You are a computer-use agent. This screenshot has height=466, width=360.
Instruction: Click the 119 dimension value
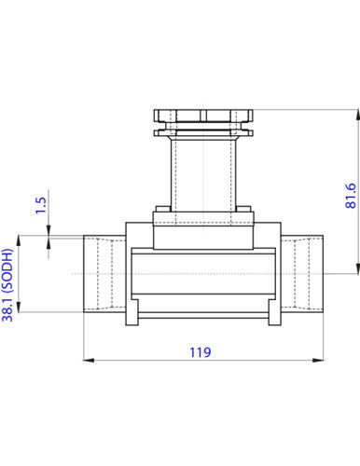click(x=201, y=352)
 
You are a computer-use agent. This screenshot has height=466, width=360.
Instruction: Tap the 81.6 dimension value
click(x=351, y=196)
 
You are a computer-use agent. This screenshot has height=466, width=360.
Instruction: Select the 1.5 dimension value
click(x=41, y=205)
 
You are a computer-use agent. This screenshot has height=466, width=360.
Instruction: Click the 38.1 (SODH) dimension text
click(x=7, y=285)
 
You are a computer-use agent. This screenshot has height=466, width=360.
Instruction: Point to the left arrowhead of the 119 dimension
click(x=89, y=361)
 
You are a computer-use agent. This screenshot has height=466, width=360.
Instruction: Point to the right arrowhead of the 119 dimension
click(x=318, y=361)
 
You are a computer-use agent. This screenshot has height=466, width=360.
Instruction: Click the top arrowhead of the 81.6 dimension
click(x=357, y=116)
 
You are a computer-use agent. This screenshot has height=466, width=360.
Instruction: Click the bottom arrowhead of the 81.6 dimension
click(x=357, y=268)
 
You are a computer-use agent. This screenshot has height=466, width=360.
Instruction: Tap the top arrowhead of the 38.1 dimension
click(x=19, y=241)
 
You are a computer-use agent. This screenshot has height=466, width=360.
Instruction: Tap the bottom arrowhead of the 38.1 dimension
click(x=19, y=307)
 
